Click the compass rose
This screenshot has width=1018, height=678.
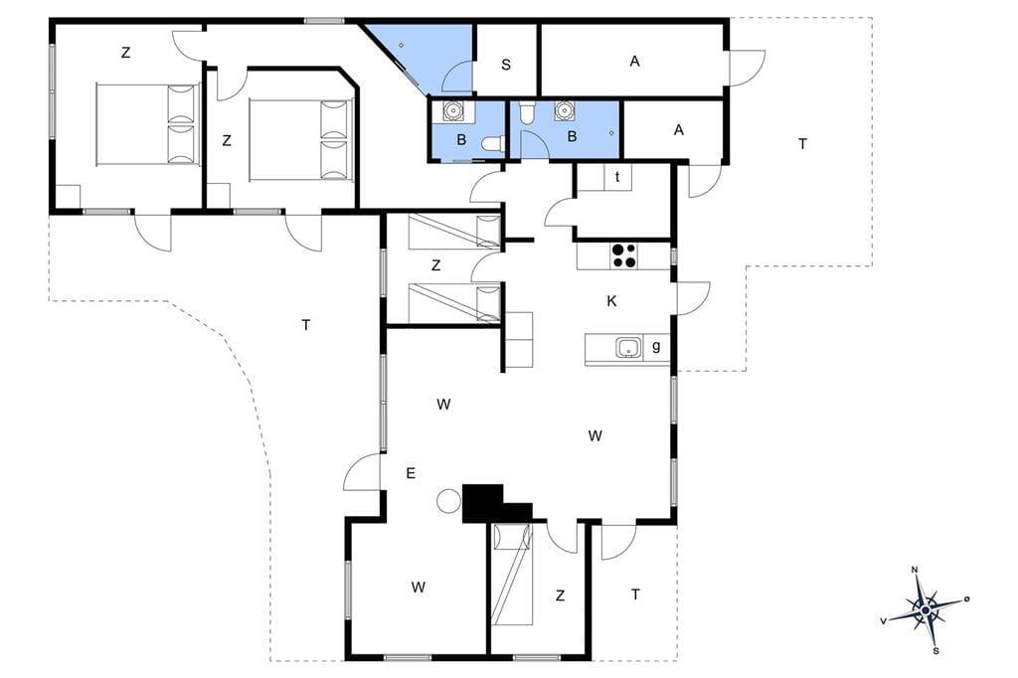click(925, 609)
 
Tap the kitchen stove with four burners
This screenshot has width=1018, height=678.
click(624, 255)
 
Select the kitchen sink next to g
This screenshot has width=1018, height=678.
click(628, 348)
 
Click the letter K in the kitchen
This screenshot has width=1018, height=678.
click(611, 301)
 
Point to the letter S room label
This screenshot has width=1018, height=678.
click(506, 65)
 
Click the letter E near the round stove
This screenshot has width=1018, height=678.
click(411, 473)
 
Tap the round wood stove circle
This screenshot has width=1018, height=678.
click(448, 501)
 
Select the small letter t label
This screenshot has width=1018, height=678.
click(617, 176)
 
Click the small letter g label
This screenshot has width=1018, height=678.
click(656, 347)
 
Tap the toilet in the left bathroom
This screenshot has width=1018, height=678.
click(493, 143)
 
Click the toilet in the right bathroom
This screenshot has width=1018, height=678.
click(526, 112)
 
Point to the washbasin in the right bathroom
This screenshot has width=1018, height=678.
click(565, 111)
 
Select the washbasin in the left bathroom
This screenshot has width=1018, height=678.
click(453, 111)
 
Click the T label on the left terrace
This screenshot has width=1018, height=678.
click(306, 325)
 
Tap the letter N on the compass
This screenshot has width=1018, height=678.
click(915, 571)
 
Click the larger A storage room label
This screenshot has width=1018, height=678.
click(634, 61)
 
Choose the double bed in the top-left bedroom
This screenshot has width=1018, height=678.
click(147, 124)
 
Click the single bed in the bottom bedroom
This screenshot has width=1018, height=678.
click(512, 575)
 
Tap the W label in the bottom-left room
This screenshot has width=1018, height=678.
click(419, 588)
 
